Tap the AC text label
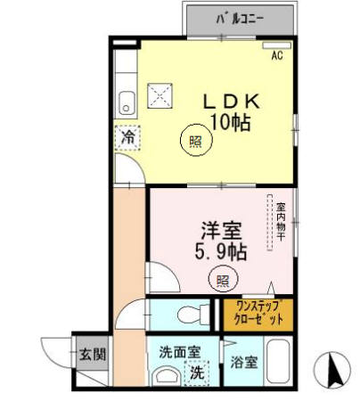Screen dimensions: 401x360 point(276,56)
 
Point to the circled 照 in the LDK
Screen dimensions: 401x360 point(194,140)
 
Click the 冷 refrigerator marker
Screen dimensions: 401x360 point(128,138)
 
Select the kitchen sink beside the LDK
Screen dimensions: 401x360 point(126,101)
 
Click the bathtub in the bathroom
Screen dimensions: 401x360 point(282,364)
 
